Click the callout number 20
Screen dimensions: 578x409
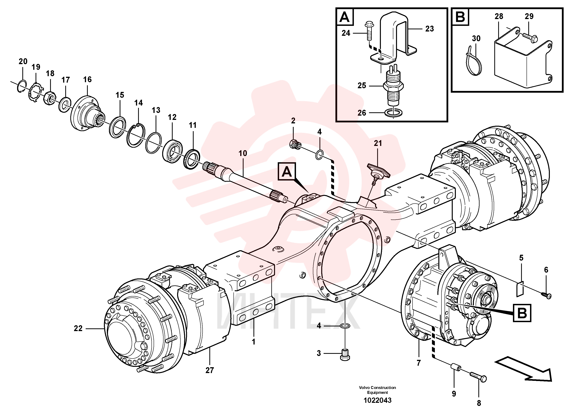click(x=23, y=61)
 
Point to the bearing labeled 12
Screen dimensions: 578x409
click(x=172, y=151)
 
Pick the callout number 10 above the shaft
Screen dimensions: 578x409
click(x=243, y=153)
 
